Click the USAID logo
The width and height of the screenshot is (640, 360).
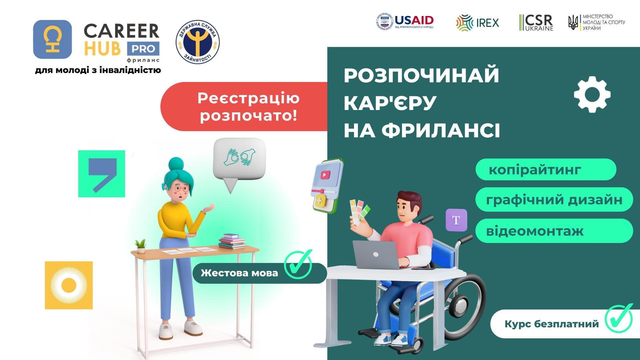[x=405, y=22]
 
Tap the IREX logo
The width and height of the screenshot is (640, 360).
[x=478, y=23]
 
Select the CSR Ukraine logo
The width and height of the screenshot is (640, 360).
[x=536, y=23]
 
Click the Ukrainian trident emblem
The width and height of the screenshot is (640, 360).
[x=573, y=23]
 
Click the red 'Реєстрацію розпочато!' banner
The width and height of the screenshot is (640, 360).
[x=244, y=106]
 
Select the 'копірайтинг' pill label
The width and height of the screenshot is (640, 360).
[x=546, y=169]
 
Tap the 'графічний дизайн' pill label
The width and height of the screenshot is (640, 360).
[x=554, y=199]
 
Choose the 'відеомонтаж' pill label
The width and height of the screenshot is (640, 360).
[x=554, y=231]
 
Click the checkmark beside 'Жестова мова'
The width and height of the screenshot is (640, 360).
[x=298, y=265]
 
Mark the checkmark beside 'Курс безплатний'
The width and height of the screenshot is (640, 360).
[x=619, y=318]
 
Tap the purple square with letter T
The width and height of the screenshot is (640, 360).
[x=456, y=220]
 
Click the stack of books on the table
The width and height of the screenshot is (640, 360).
[x=232, y=241]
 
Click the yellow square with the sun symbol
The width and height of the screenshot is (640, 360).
[x=69, y=285]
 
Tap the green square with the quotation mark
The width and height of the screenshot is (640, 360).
[x=102, y=174]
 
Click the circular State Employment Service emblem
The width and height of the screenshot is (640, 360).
[x=198, y=42]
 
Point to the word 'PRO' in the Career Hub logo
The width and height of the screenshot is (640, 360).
[x=143, y=49]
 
